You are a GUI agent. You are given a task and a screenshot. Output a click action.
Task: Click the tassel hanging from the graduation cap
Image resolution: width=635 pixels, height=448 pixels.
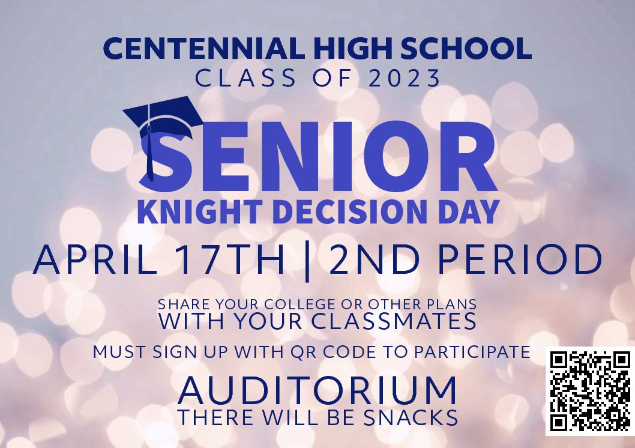[x=150, y=153]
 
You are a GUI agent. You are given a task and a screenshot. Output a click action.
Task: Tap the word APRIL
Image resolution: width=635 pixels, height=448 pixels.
[x=95, y=259]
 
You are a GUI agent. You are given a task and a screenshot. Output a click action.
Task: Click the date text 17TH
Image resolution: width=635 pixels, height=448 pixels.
[x=231, y=259]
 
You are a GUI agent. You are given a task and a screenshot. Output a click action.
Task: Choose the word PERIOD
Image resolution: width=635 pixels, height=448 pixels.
[x=520, y=259]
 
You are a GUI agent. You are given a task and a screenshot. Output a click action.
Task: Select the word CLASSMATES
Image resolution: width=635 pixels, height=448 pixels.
[x=394, y=321]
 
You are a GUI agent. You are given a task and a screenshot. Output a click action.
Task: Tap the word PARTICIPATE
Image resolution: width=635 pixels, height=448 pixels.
[x=472, y=352]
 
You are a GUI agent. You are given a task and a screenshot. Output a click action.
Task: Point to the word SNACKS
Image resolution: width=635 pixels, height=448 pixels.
[x=411, y=417]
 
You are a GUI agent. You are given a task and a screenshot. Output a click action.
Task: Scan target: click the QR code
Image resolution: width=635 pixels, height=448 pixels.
[x=590, y=391]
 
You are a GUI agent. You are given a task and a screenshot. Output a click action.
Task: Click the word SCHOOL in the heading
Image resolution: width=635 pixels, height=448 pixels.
[x=466, y=48]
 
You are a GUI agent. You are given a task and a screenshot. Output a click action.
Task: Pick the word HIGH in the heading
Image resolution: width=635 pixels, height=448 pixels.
[x=352, y=48]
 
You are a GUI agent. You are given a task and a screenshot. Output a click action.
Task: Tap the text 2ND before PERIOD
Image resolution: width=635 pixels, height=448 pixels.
[x=374, y=259]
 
